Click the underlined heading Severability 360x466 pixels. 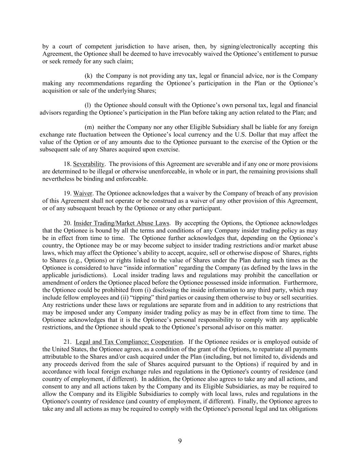point(89,164)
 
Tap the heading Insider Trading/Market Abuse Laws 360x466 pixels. point(121,223)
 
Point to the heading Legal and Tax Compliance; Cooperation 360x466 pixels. point(129,342)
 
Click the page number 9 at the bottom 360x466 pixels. point(180,441)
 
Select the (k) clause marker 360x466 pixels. point(88,76)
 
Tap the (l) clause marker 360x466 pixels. point(88,105)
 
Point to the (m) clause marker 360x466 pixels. point(89,127)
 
